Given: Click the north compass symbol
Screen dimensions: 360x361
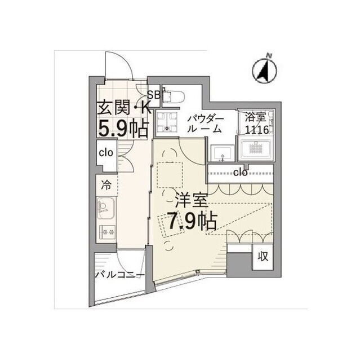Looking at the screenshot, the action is [265, 70].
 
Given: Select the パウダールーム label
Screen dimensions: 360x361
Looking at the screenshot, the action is [205, 124].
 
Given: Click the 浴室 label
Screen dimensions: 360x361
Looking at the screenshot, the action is [256, 117].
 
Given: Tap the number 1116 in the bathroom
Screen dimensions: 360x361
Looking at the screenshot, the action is [256, 130].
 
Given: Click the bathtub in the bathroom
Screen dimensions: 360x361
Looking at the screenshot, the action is [255, 148].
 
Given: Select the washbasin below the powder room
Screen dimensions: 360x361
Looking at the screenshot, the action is [222, 153].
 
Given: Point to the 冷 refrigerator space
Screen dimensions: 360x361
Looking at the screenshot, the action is [106, 185].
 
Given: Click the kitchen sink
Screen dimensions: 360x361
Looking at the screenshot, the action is [106, 209].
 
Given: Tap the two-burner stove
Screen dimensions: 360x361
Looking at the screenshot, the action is [108, 232].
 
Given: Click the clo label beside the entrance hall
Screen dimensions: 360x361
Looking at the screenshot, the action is [106, 153].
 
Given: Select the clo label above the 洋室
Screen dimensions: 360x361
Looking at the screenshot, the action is [241, 172].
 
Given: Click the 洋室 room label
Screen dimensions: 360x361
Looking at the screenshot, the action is [192, 200].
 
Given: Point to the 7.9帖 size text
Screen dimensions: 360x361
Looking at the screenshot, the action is [192, 221].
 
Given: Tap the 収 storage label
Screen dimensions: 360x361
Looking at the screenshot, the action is [263, 256].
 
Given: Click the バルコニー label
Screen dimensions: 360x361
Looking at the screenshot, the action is [120, 275].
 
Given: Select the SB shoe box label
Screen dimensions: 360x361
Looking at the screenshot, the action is [153, 94].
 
